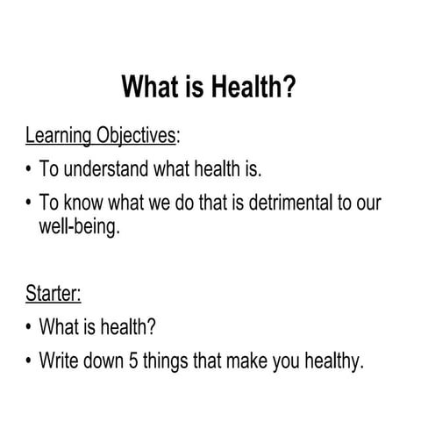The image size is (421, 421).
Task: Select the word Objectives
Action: click(x=135, y=137)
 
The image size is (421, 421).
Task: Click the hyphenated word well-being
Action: click(x=79, y=225)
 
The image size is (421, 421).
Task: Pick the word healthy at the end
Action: click(x=332, y=360)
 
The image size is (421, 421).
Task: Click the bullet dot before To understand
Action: click(x=29, y=169)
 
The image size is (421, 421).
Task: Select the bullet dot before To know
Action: click(x=29, y=203)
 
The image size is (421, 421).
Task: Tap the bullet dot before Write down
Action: click(x=29, y=360)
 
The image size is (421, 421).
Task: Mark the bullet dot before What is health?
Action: click(x=29, y=327)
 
